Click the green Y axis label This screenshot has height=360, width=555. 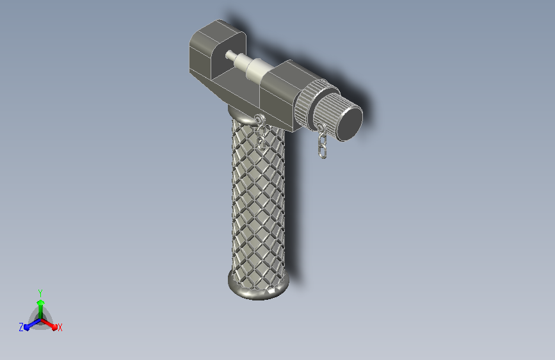(x=40, y=293)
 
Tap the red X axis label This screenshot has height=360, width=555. (x=60, y=327)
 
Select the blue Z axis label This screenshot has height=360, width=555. (x=21, y=327)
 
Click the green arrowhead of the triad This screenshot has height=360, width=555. (x=40, y=302)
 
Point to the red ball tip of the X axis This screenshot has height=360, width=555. (x=54, y=327)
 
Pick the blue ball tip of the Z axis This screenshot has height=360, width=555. (x=27, y=327)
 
